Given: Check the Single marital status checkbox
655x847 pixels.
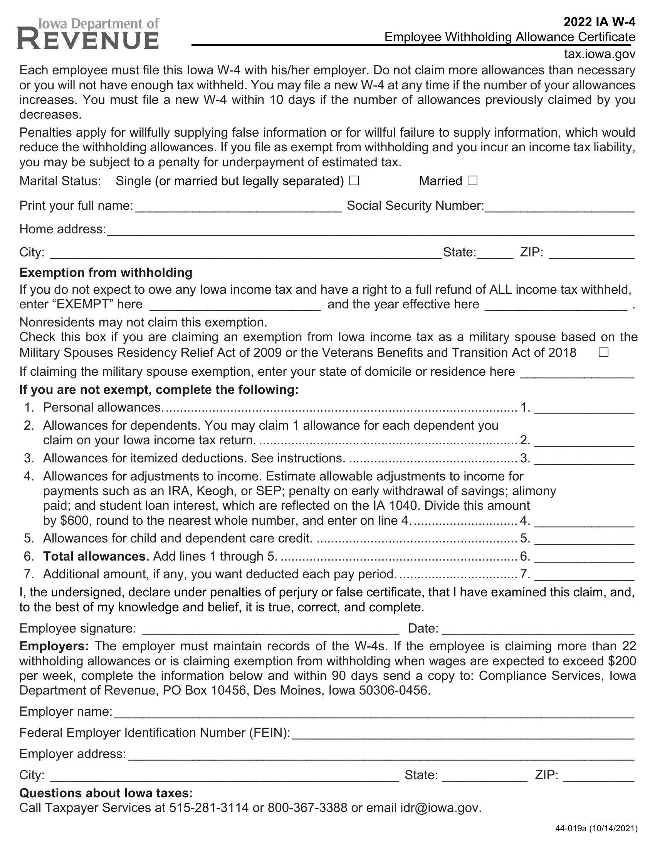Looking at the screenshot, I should click(x=353, y=181).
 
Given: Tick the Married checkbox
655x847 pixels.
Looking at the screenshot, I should click(x=472, y=181).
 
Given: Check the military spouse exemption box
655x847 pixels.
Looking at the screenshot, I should click(x=603, y=352).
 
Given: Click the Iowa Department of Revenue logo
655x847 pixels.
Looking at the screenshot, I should click(x=88, y=34).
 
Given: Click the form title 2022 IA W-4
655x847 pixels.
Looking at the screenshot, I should click(x=599, y=22).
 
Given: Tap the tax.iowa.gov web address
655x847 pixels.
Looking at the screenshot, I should click(x=600, y=54).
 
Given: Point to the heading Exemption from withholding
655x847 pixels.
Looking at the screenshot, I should click(x=106, y=273).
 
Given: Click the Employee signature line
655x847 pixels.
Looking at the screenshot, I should click(x=270, y=629).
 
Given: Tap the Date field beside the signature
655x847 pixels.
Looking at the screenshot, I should click(x=538, y=629).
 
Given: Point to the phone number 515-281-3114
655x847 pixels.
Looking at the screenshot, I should click(x=209, y=808).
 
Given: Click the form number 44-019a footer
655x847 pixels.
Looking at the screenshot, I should click(x=596, y=829).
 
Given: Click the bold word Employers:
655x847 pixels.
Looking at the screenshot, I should click(x=54, y=646).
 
